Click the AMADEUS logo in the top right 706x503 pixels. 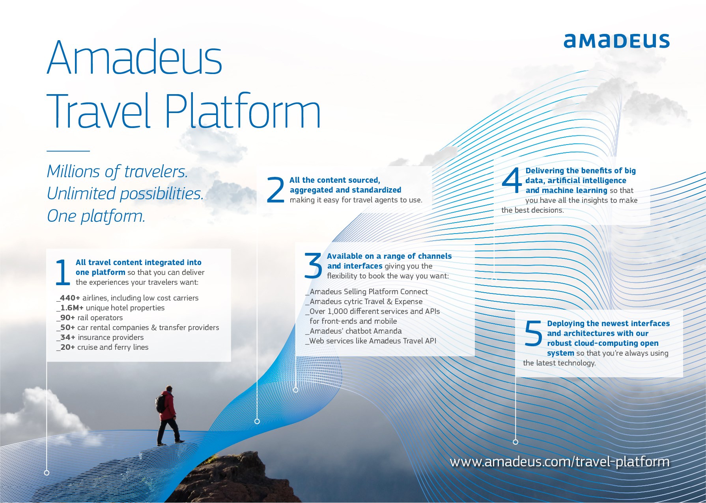(x=616, y=41)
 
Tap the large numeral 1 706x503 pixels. (x=63, y=272)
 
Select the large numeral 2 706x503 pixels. (x=275, y=190)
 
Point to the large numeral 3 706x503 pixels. (x=313, y=265)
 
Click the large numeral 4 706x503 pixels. (x=512, y=180)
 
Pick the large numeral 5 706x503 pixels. (x=534, y=333)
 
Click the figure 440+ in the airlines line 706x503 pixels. (x=70, y=298)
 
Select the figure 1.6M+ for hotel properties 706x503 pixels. (x=72, y=308)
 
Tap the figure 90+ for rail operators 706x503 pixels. (x=67, y=318)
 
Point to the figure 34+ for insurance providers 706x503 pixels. (x=67, y=338)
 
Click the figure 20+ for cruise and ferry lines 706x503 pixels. (x=67, y=347)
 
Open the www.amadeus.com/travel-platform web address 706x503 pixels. (x=560, y=462)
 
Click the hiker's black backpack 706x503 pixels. (x=161, y=403)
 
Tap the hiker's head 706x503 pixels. (x=169, y=389)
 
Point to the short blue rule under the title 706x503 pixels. (x=68, y=150)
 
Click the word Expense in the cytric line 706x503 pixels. (x=409, y=302)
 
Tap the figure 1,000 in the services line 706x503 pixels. (x=338, y=312)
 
